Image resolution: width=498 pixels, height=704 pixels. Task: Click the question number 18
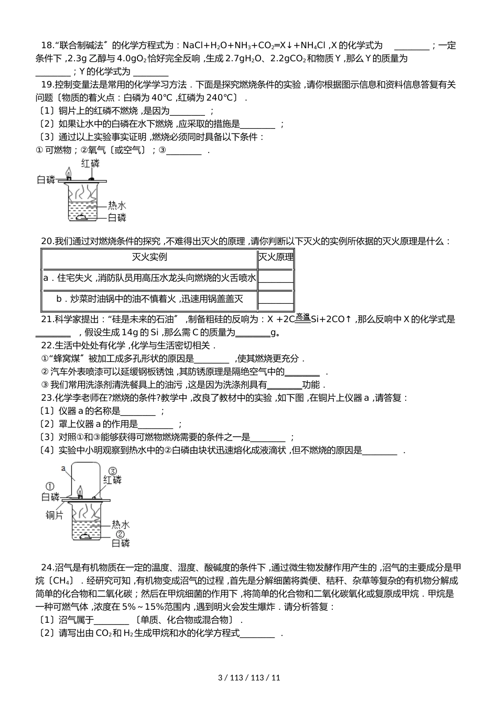click(47, 46)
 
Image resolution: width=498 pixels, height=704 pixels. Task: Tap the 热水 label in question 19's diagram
click(117, 205)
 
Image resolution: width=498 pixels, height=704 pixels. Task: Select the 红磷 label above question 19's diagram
click(90, 163)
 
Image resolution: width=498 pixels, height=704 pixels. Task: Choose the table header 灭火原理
click(276, 257)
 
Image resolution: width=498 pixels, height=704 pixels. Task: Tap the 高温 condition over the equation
click(302, 316)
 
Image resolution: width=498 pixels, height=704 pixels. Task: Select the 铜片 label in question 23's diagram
click(54, 515)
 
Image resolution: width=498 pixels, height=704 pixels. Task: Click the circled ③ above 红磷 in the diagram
click(112, 470)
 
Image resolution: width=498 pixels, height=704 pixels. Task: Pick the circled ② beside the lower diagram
click(121, 534)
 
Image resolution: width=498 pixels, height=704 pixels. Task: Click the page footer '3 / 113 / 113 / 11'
click(249, 677)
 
